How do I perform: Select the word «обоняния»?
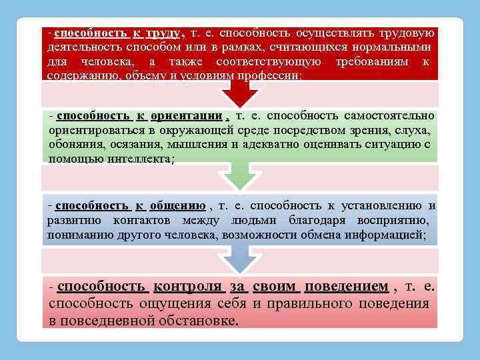pyautogui.click(x=73, y=145)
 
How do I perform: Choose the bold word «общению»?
pyautogui.click(x=177, y=206)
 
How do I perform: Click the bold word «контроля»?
pyautogui.click(x=187, y=287)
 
